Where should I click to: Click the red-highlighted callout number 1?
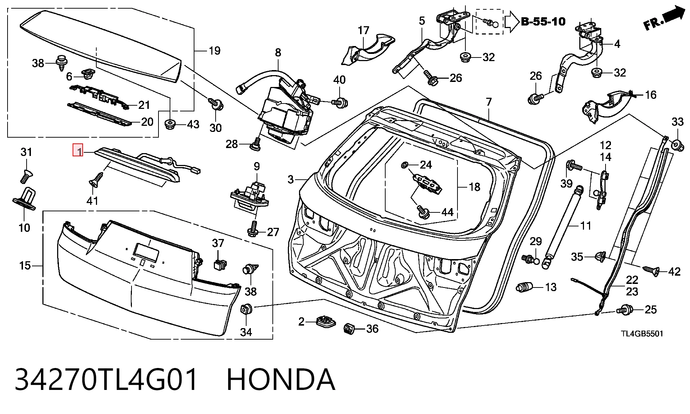pyautogui.click(x=78, y=150)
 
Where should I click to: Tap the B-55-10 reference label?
pyautogui.click(x=543, y=22)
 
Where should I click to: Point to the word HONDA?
pyautogui.click(x=281, y=379)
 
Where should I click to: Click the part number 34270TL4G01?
pyautogui.click(x=106, y=379)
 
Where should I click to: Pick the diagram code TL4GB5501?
pyautogui.click(x=642, y=333)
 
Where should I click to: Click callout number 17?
pyautogui.click(x=363, y=30)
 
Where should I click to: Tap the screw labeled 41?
pyautogui.click(x=97, y=179)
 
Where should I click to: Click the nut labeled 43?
pyautogui.click(x=170, y=124)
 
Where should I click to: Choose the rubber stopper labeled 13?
pyautogui.click(x=524, y=287)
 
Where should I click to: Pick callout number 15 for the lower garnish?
pyautogui.click(x=25, y=266)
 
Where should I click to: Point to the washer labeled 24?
pyautogui.click(x=404, y=165)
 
